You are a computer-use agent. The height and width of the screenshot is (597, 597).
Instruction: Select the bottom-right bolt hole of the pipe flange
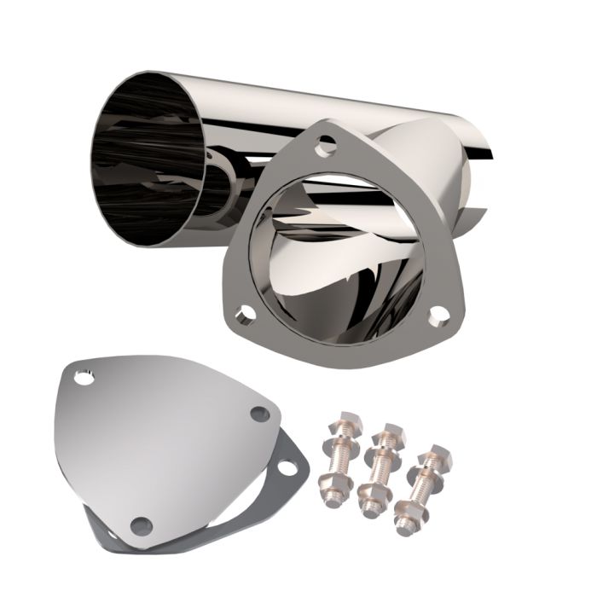[x=440, y=316]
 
